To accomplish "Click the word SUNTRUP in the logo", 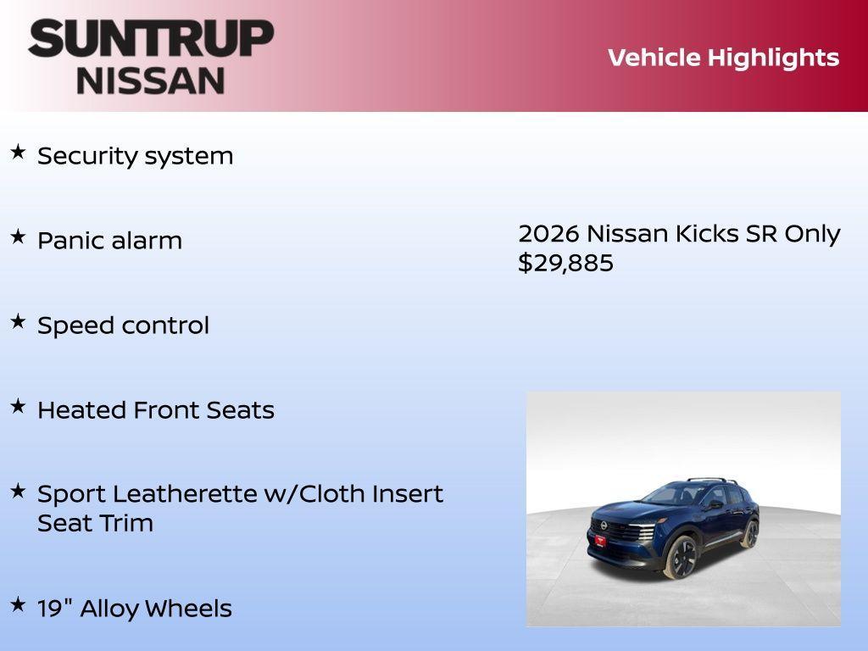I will (x=151, y=38).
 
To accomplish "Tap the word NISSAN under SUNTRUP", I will (x=151, y=80).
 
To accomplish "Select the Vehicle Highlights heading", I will (x=723, y=58).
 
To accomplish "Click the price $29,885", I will (x=565, y=263).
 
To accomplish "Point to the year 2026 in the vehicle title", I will (x=548, y=233).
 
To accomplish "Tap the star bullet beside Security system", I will (x=18, y=153).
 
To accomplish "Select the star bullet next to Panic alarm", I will (x=18, y=237).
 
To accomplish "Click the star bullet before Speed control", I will (x=18, y=322).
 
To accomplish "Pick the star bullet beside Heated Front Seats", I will (x=18, y=407).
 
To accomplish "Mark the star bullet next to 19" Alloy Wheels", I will (x=18, y=605).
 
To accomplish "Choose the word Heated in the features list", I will (x=82, y=410).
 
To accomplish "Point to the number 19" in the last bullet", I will (x=53, y=608).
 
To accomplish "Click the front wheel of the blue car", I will (x=681, y=558).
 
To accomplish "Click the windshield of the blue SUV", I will (x=670, y=494).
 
